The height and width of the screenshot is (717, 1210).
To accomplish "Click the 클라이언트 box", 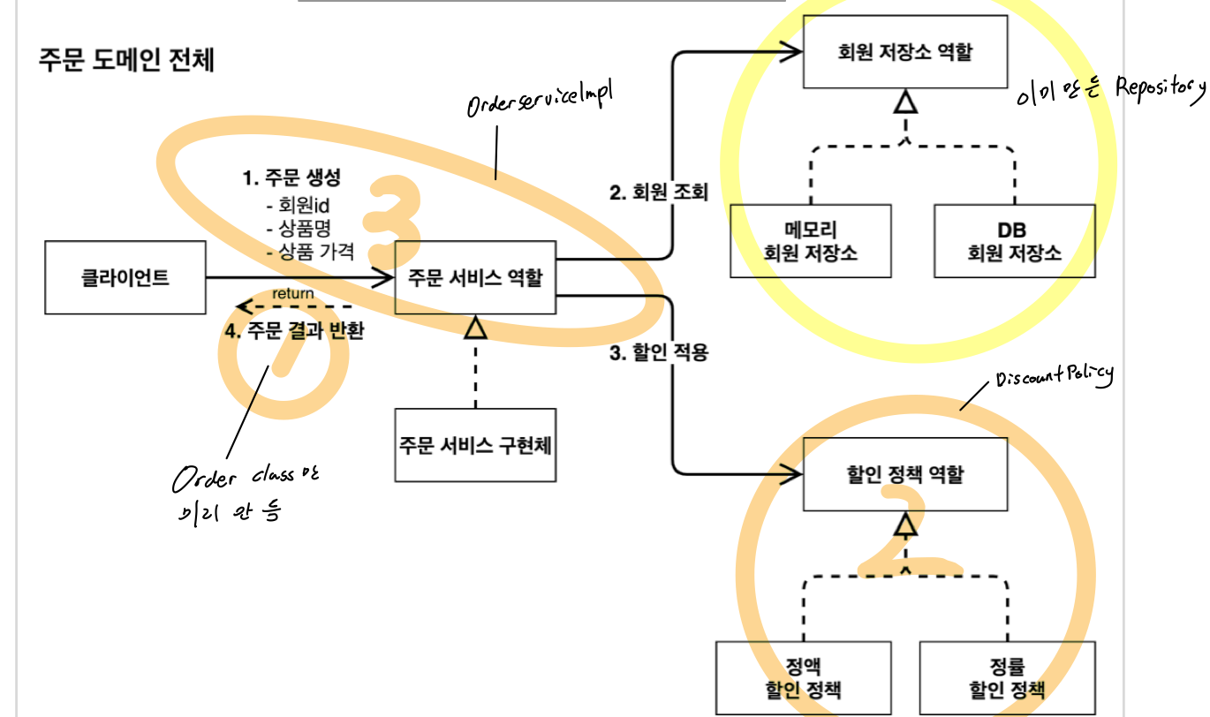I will (125, 278).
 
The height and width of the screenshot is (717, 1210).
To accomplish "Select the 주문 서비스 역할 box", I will (475, 278).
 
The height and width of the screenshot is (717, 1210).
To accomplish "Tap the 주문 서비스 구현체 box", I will (475, 444).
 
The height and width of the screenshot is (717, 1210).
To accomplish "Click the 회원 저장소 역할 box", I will (905, 52).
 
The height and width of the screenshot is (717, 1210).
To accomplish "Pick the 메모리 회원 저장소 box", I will (811, 241).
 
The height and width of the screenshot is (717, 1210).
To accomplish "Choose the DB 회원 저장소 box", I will (1014, 241).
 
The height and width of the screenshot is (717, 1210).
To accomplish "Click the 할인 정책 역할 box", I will (905, 474).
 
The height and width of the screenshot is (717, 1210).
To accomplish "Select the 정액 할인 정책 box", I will (802, 677).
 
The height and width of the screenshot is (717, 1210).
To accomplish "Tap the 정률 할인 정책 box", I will (1005, 677).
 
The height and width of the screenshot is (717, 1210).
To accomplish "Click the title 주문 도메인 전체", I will (126, 61).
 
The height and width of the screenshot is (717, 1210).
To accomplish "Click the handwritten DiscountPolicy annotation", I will (1054, 377).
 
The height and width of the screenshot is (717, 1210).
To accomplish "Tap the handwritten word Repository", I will (1160, 87).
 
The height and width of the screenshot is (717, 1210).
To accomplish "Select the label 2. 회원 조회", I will (659, 192).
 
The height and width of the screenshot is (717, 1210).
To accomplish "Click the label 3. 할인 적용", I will (659, 354).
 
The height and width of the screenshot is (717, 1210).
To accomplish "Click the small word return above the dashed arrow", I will (292, 293).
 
